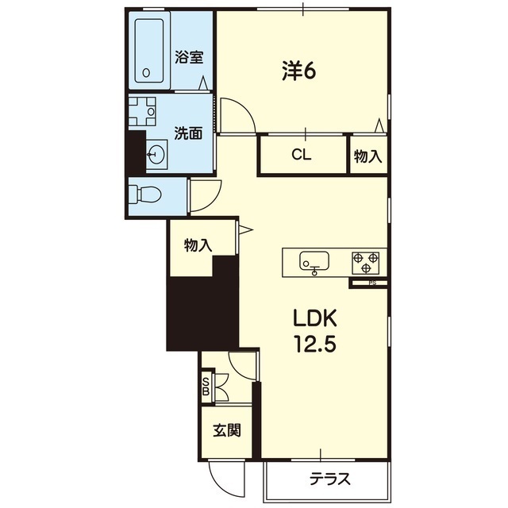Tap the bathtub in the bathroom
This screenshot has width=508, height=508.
click(149, 51)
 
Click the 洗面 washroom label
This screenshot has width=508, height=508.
click(188, 133)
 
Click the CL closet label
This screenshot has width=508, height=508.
click(302, 155)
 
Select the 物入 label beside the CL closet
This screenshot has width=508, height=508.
click(368, 156)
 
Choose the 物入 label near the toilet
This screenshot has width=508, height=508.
click(198, 245)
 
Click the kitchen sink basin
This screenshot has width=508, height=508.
click(314, 261)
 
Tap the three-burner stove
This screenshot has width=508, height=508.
click(366, 263)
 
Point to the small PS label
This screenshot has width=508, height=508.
click(372, 283)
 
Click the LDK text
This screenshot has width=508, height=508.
click(315, 318)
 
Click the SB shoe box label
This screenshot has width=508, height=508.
click(206, 387)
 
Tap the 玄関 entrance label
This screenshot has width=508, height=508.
click(227, 430)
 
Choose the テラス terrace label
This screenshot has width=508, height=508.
click(330, 479)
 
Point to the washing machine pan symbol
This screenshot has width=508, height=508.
click(142, 111)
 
